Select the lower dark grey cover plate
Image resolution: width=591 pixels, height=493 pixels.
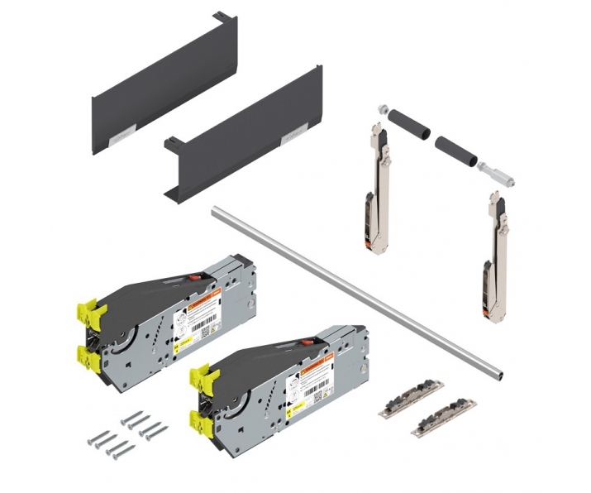click(x=240, y=136)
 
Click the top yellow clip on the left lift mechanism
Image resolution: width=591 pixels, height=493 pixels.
click(x=90, y=313)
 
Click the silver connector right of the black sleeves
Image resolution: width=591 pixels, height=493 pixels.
click(x=495, y=172)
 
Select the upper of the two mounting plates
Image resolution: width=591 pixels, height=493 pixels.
click(x=411, y=400)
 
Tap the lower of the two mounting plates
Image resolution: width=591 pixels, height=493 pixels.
click(x=443, y=418)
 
